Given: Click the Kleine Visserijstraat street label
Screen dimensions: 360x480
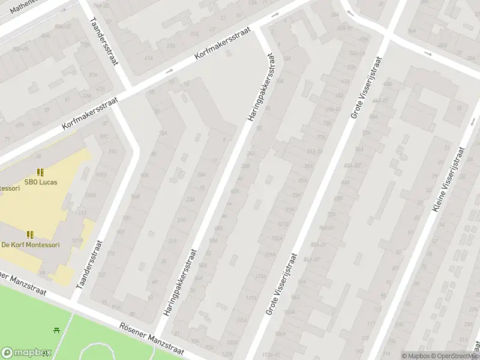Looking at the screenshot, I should coord(448,180).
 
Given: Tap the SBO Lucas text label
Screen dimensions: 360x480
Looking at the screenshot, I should coord(41,182).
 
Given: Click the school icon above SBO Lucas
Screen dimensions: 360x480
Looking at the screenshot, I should coord(41,172).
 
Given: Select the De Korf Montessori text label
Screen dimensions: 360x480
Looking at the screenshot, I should coord(31,245).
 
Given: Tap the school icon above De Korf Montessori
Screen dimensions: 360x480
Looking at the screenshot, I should coord(30,235).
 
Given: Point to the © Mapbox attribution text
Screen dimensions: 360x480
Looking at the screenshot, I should coord(416,356).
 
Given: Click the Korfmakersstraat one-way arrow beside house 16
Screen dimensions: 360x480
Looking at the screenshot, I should coord(169,71).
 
